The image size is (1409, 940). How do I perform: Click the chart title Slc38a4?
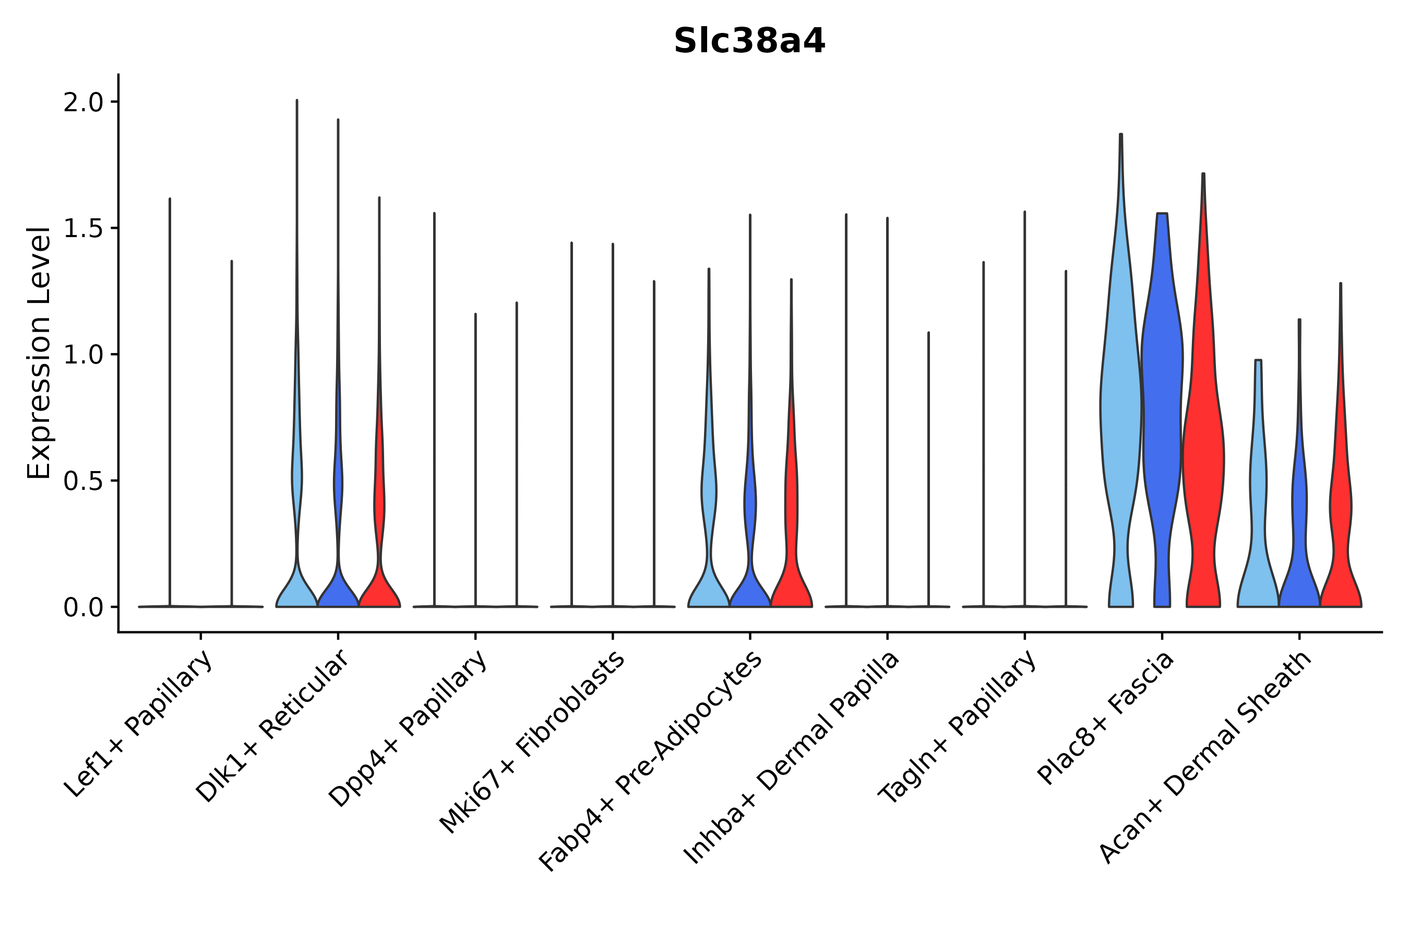point(749,41)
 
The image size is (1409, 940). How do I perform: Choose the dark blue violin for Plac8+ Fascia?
point(1162,420)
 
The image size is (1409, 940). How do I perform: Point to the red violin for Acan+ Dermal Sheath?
point(1340,510)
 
